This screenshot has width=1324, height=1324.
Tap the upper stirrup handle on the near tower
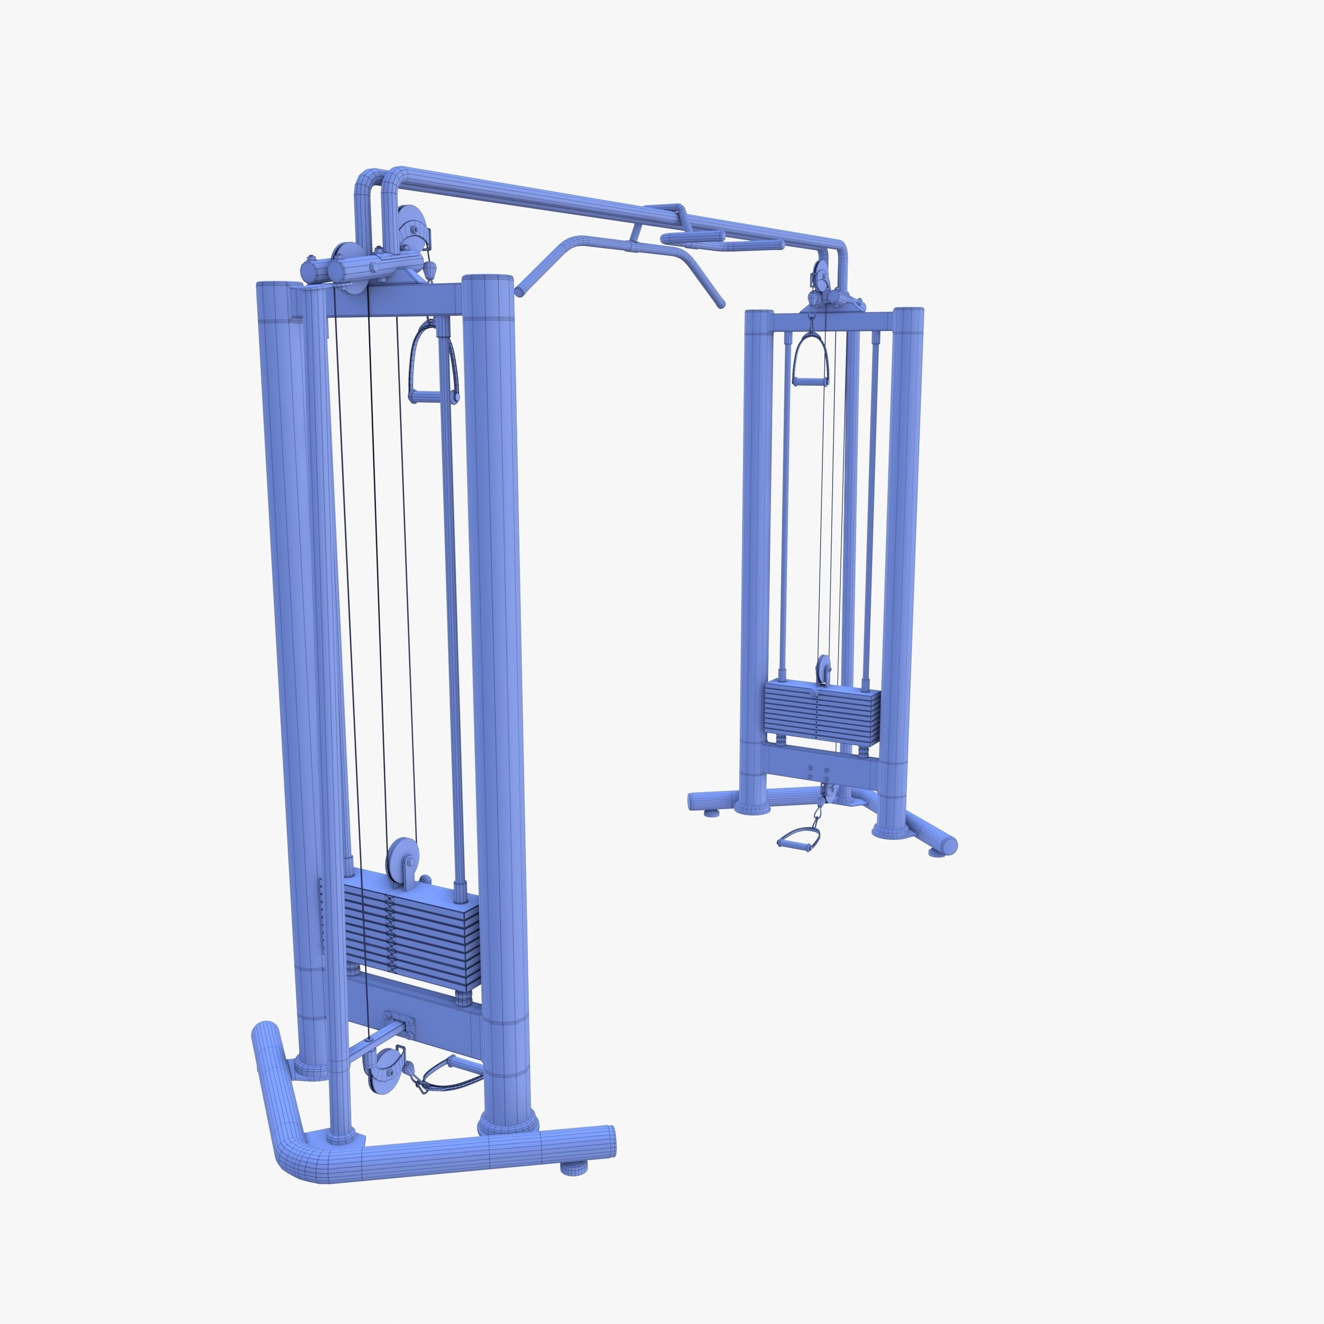pos(433,363)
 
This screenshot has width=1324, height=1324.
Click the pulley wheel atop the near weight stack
pos(401,858)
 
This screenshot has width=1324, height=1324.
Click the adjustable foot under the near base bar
pos(574,1168)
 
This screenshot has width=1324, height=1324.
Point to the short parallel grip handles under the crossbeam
pos(692,237)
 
